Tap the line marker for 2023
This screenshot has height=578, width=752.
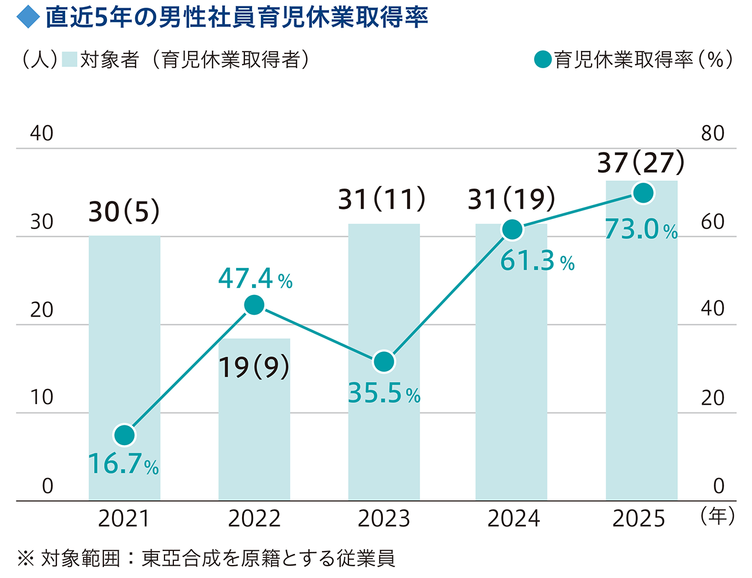(384, 362)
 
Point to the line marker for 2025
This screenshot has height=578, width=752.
(643, 193)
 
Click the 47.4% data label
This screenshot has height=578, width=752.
(255, 278)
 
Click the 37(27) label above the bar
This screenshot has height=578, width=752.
(641, 163)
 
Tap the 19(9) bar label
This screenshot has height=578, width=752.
(254, 367)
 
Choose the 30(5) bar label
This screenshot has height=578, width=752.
(124, 211)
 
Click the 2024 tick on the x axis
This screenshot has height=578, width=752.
(513, 519)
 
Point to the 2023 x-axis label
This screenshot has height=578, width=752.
(384, 519)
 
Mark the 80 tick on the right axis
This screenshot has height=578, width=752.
(713, 133)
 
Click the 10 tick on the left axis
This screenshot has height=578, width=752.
(42, 398)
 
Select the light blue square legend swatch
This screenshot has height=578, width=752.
(69, 59)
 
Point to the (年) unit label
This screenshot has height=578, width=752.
(717, 516)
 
